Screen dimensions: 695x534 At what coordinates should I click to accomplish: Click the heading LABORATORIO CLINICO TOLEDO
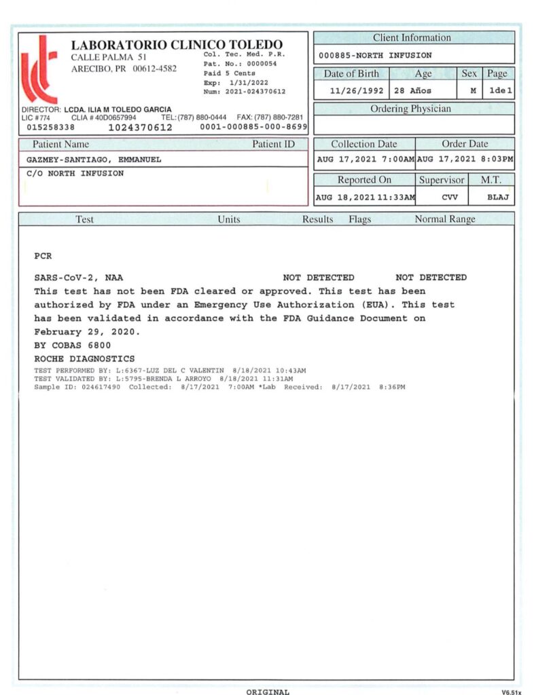(x=177, y=45)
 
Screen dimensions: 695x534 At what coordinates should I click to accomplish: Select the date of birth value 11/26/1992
(x=357, y=90)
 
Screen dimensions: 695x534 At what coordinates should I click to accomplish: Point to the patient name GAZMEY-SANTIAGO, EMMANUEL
(x=93, y=160)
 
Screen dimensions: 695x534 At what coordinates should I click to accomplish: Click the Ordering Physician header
(x=410, y=109)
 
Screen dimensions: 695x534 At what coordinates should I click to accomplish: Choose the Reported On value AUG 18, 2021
(x=365, y=198)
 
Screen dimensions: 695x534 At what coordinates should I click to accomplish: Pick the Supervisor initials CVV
(x=442, y=198)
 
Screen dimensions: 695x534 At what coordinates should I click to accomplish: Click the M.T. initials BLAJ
(x=498, y=198)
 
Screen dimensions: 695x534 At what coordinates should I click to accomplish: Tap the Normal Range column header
(x=445, y=219)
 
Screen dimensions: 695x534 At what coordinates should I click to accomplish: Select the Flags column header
(x=360, y=219)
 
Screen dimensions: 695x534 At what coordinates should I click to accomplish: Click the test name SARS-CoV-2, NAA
(x=78, y=278)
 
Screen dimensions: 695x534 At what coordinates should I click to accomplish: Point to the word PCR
(x=42, y=257)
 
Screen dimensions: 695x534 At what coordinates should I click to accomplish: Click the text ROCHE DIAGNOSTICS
(x=84, y=359)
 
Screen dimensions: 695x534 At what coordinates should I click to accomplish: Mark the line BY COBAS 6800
(x=71, y=345)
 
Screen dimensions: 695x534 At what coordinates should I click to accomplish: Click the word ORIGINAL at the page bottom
(x=268, y=692)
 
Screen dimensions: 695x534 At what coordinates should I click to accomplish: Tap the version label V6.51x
(x=512, y=692)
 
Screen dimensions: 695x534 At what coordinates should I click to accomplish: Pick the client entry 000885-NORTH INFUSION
(x=375, y=56)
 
